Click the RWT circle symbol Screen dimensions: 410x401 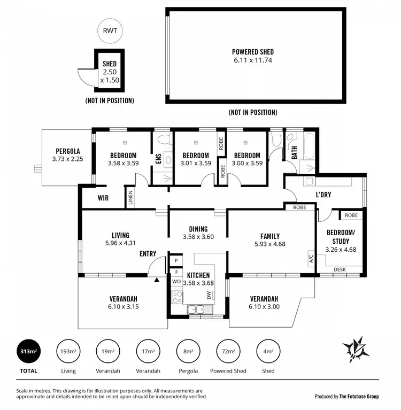click(x=110, y=30)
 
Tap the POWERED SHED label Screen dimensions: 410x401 click(x=253, y=52)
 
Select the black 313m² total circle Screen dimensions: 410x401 click(x=29, y=351)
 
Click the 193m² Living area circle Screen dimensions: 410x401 click(x=68, y=351)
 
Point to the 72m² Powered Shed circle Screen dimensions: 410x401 click(x=228, y=351)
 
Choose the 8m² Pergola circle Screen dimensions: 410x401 click(x=188, y=351)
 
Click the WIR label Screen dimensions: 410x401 click(x=103, y=198)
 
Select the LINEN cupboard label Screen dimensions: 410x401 click(x=130, y=198)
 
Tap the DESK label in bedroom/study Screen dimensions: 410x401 click(x=339, y=269)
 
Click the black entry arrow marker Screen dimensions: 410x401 click(x=157, y=279)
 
